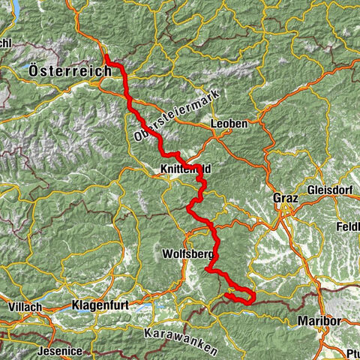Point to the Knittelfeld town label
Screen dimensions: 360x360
click(185, 170)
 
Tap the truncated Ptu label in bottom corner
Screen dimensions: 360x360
click(352, 353)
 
